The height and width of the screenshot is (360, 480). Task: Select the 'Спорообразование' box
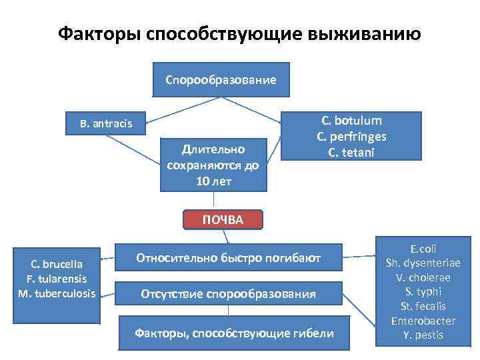[x=221, y=80]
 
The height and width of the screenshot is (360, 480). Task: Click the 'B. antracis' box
[x=106, y=123]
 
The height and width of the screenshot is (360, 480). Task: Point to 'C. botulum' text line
[x=351, y=121]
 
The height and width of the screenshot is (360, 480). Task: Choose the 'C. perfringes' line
[x=351, y=137]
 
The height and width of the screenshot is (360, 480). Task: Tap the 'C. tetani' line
[x=351, y=152]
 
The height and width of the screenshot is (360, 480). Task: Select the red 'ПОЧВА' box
[x=224, y=220]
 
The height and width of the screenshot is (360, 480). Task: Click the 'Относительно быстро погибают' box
[x=229, y=257]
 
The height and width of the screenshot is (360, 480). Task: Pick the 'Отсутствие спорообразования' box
[x=229, y=293]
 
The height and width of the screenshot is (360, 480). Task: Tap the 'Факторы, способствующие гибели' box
[x=234, y=333]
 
